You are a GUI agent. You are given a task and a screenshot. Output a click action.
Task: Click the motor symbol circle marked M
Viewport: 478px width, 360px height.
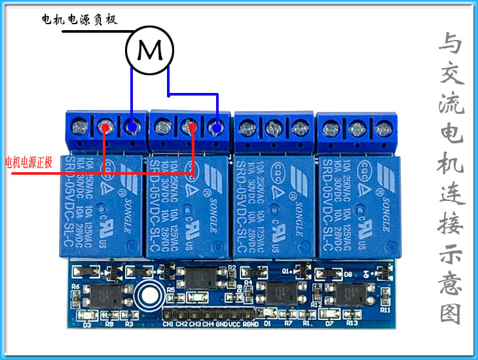(x=150, y=50)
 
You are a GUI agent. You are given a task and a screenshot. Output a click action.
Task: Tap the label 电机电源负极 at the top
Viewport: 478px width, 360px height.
(x=79, y=20)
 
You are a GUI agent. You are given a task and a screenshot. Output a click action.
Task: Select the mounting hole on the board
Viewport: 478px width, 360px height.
(x=149, y=297)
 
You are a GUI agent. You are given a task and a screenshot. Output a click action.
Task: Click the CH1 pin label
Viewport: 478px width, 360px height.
(x=168, y=323)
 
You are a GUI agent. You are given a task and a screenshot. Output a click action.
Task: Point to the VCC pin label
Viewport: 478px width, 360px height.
(x=234, y=323)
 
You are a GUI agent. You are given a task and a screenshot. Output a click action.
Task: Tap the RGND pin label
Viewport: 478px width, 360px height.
(x=251, y=323)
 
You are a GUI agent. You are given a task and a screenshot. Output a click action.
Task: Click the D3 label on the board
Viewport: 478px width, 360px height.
(x=86, y=323)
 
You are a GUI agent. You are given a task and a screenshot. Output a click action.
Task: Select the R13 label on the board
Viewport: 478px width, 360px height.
(x=352, y=323)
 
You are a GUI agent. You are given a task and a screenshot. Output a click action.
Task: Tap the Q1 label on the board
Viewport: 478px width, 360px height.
(x=286, y=270)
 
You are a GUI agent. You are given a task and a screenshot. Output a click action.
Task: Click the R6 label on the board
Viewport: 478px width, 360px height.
(x=75, y=287)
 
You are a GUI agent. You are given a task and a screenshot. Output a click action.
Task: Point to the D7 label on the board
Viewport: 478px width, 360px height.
(x=330, y=323)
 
